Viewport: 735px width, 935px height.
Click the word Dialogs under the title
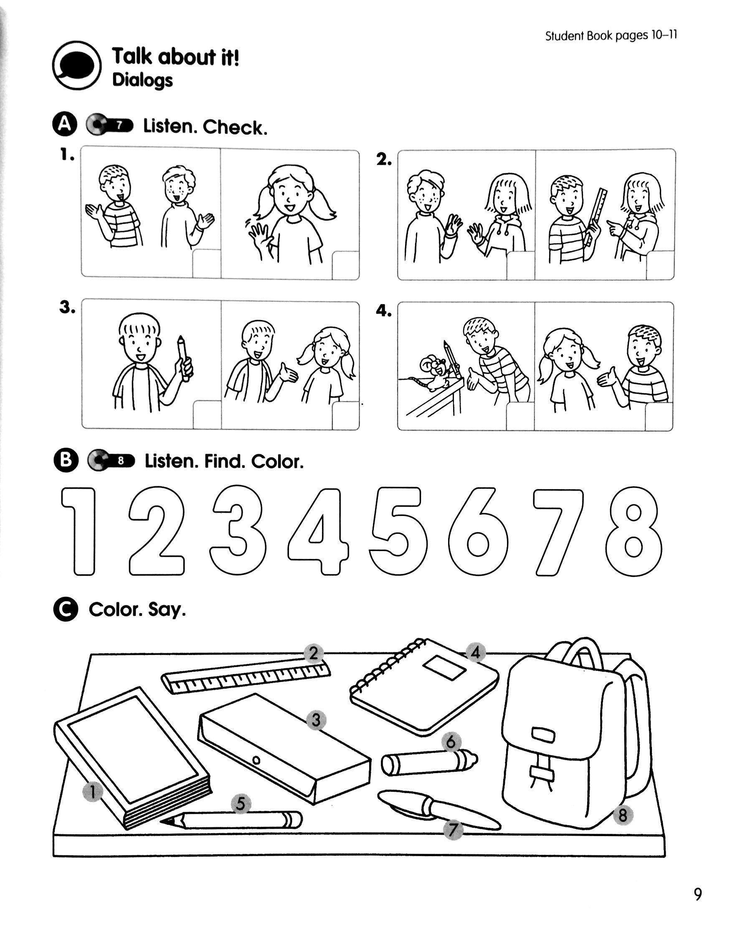142,80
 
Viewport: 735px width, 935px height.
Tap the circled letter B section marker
66,461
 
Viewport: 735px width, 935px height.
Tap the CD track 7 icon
110,125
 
